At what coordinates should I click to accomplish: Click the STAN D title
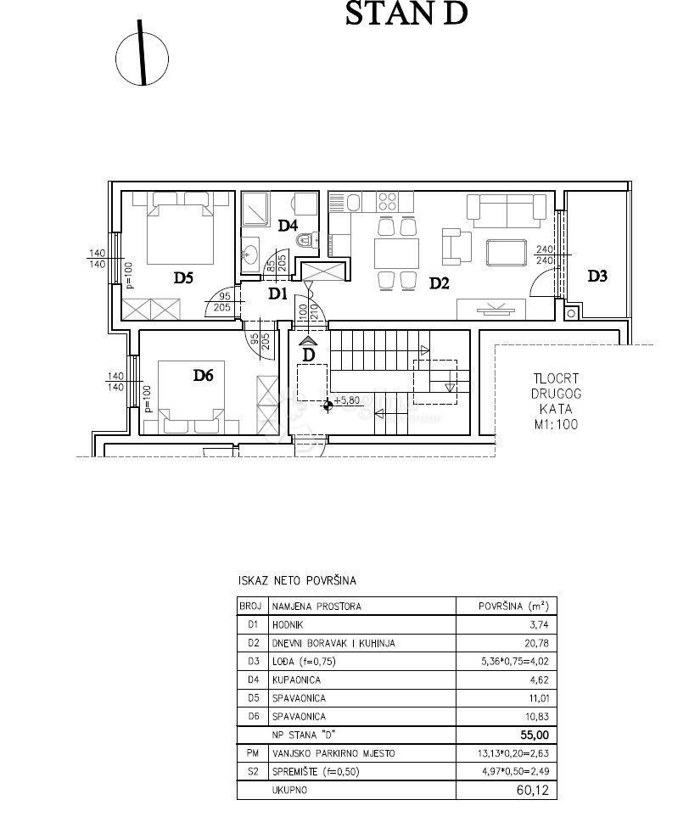pyautogui.click(x=406, y=14)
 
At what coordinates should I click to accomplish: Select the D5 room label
pyautogui.click(x=184, y=276)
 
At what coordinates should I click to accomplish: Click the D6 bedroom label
pyautogui.click(x=202, y=375)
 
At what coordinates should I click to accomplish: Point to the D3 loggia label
pyautogui.click(x=597, y=276)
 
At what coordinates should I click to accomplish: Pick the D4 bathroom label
pyautogui.click(x=287, y=226)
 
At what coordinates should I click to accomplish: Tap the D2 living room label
pyautogui.click(x=438, y=283)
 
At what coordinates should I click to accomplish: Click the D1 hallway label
pyautogui.click(x=277, y=294)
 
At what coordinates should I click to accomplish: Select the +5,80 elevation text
pyautogui.click(x=348, y=400)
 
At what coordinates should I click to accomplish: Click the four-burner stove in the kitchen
pyautogui.click(x=388, y=202)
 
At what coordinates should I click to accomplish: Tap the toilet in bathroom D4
pyautogui.click(x=307, y=241)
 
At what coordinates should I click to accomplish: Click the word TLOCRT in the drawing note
pyautogui.click(x=556, y=380)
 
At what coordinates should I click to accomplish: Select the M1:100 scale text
pyautogui.click(x=556, y=425)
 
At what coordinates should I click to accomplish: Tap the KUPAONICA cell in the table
pyautogui.click(x=299, y=680)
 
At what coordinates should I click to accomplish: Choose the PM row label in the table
pyautogui.click(x=252, y=753)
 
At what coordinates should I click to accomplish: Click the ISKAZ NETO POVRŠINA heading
pyautogui.click(x=297, y=581)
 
